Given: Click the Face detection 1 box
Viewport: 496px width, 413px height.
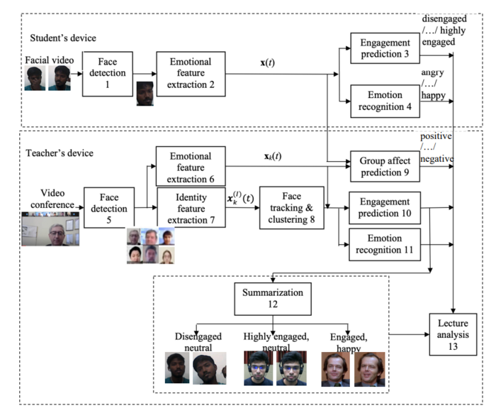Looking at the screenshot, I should click(x=108, y=74).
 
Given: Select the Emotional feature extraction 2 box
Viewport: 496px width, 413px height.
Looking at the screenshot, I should click(x=190, y=74).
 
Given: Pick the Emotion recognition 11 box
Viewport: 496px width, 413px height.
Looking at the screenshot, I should click(x=384, y=246).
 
